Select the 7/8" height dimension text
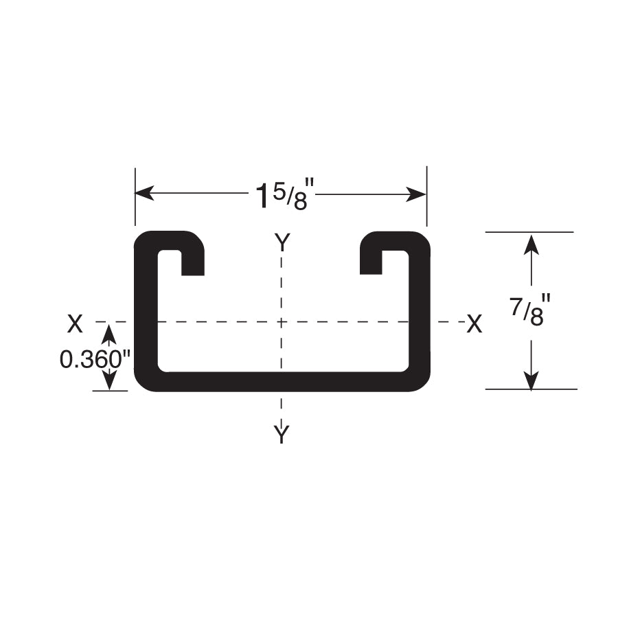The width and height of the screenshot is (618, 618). [529, 311]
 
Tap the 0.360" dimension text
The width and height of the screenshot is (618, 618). [95, 359]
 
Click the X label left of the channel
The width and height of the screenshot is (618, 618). [75, 323]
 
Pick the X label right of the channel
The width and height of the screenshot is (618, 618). [474, 323]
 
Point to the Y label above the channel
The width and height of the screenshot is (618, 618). [283, 242]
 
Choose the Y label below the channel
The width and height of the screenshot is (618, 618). [282, 435]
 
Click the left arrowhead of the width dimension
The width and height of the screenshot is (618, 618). [144, 194]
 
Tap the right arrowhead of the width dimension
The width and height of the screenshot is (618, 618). [416, 194]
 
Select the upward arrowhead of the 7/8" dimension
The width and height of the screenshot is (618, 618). [531, 244]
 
